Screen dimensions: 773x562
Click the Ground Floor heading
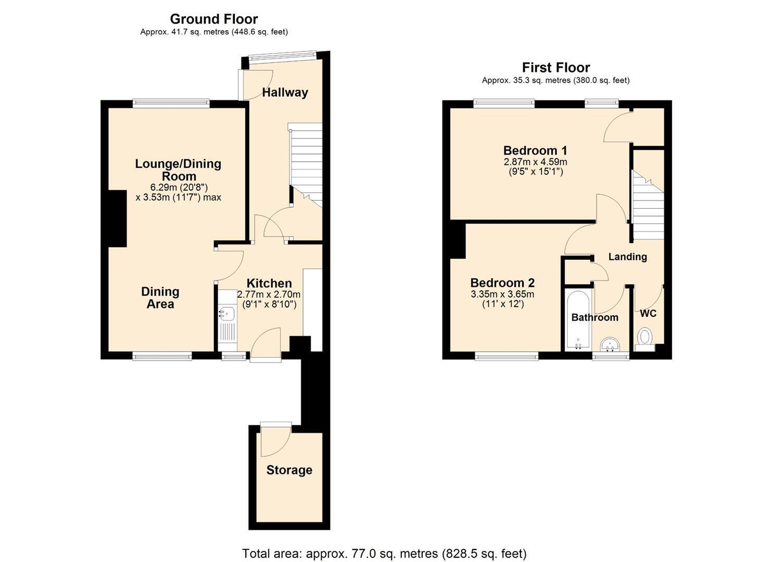coord(213,19)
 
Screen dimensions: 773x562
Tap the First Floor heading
coord(555,67)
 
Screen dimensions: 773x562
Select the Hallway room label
coord(285,93)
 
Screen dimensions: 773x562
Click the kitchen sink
coord(227,314)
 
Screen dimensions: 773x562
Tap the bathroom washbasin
coord(611,344)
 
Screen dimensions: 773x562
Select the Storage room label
coord(289,470)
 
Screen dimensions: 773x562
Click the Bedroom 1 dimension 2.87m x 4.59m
coord(535,162)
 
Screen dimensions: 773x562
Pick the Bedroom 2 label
coord(502,283)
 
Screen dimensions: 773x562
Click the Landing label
coord(627,257)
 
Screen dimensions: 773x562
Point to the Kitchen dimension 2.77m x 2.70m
coord(269,295)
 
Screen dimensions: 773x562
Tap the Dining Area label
coord(160,298)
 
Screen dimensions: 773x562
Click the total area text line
coord(384,544)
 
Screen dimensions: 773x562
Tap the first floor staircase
coord(648,205)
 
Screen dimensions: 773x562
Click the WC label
coord(648,314)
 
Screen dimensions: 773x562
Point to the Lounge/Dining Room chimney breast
coord(117,219)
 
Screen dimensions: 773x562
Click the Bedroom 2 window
coord(506,356)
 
